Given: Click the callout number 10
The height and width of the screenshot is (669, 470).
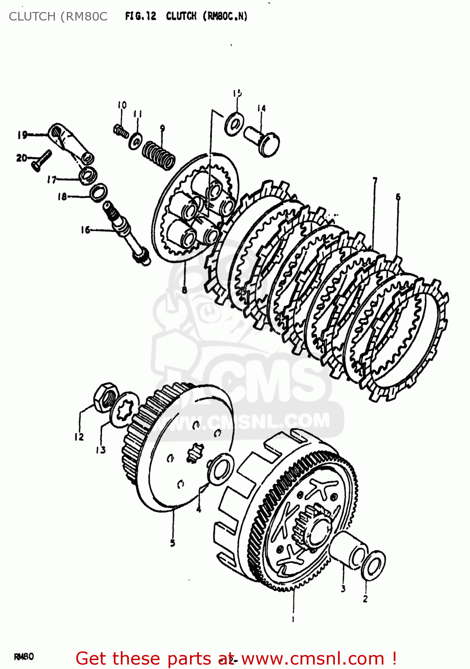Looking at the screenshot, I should (122, 105).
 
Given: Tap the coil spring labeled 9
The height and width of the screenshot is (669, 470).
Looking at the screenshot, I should (159, 155).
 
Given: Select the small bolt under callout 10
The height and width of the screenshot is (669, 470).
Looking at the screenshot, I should (121, 131).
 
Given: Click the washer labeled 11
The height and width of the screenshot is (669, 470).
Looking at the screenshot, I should (136, 141).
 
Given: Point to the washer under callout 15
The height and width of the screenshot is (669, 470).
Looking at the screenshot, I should (234, 124).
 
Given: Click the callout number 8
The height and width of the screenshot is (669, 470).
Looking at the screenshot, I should (184, 290).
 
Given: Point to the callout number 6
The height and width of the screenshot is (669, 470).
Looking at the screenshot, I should (398, 197).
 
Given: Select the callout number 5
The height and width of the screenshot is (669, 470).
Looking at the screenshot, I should (173, 543).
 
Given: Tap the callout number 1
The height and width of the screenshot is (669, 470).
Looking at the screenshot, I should (293, 619).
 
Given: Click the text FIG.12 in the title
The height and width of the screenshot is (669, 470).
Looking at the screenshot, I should (140, 17).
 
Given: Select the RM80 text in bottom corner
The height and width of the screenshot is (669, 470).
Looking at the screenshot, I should (24, 657).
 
